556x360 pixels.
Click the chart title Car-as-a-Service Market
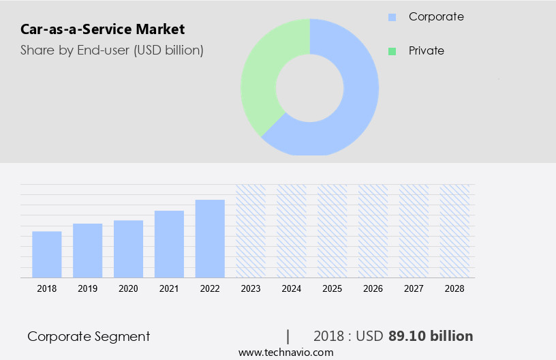pos(102,29)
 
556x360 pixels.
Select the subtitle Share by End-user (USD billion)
pos(112,50)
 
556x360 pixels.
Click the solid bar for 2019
pos(87,250)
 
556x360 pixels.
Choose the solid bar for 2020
pos(128,249)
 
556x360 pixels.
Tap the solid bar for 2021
pos(169,244)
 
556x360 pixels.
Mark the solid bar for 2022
pos(210,239)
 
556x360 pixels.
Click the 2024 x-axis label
pos(292,288)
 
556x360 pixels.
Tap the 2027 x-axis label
pos(414,288)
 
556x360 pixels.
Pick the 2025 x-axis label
pos(332,288)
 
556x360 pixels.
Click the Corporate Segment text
pos(89,336)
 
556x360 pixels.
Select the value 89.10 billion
pos(431,336)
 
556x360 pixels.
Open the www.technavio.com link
pos(285,352)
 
